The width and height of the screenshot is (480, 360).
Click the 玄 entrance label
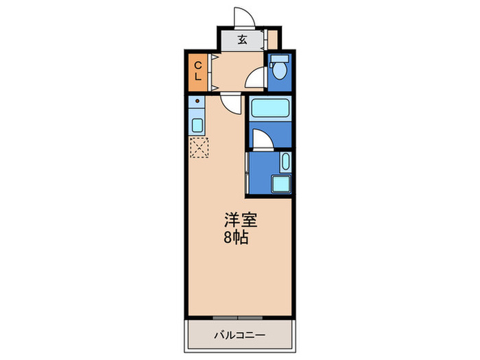pyautogui.click(x=242, y=39)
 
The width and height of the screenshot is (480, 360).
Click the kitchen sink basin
pyautogui.click(x=197, y=126)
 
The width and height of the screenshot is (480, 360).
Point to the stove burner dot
pyautogui.click(x=198, y=102)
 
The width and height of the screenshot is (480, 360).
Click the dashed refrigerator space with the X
pyautogui.click(x=200, y=147)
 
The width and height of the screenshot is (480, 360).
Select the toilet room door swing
pyautogui.click(x=256, y=77)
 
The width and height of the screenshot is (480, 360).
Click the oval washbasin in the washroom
pyautogui.click(x=285, y=163)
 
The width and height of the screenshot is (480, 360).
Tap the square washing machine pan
pyautogui.click(x=280, y=184)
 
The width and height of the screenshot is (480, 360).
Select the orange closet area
pyautogui.click(x=198, y=71)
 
